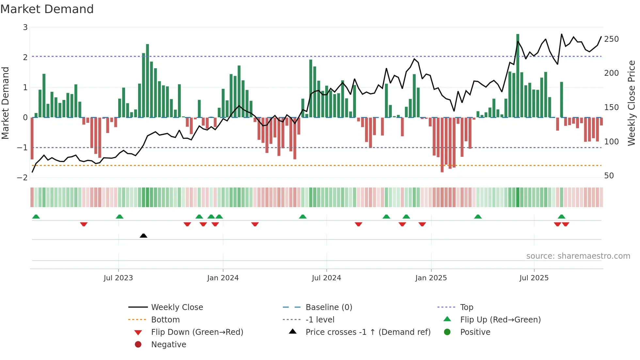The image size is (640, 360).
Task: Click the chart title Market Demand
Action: point(47,9)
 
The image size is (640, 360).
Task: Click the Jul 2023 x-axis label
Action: point(118,278)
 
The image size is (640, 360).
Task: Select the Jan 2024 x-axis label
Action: point(223,278)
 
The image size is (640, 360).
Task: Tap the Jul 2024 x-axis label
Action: point(327,278)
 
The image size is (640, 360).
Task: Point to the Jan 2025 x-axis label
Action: point(431,278)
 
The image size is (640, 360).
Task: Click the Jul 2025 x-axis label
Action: point(534,278)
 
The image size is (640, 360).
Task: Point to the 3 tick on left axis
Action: point(25,27)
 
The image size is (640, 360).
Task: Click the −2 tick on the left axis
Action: point(22,178)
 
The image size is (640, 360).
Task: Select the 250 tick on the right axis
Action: point(611,39)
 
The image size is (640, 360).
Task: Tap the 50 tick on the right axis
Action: point(609,176)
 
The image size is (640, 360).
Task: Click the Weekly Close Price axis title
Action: point(632,103)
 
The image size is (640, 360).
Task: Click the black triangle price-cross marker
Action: point(143,236)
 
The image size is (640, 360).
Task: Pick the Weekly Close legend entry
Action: point(177,307)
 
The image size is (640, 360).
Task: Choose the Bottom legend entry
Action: point(165,320)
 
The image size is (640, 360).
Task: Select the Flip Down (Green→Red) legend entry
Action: point(197,332)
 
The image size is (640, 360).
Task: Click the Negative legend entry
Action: point(168,345)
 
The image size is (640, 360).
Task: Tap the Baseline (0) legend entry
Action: point(328,307)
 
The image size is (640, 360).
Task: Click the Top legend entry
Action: point(466,307)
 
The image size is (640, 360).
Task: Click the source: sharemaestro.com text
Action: point(578,256)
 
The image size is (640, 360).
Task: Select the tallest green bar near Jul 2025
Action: point(518,75)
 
